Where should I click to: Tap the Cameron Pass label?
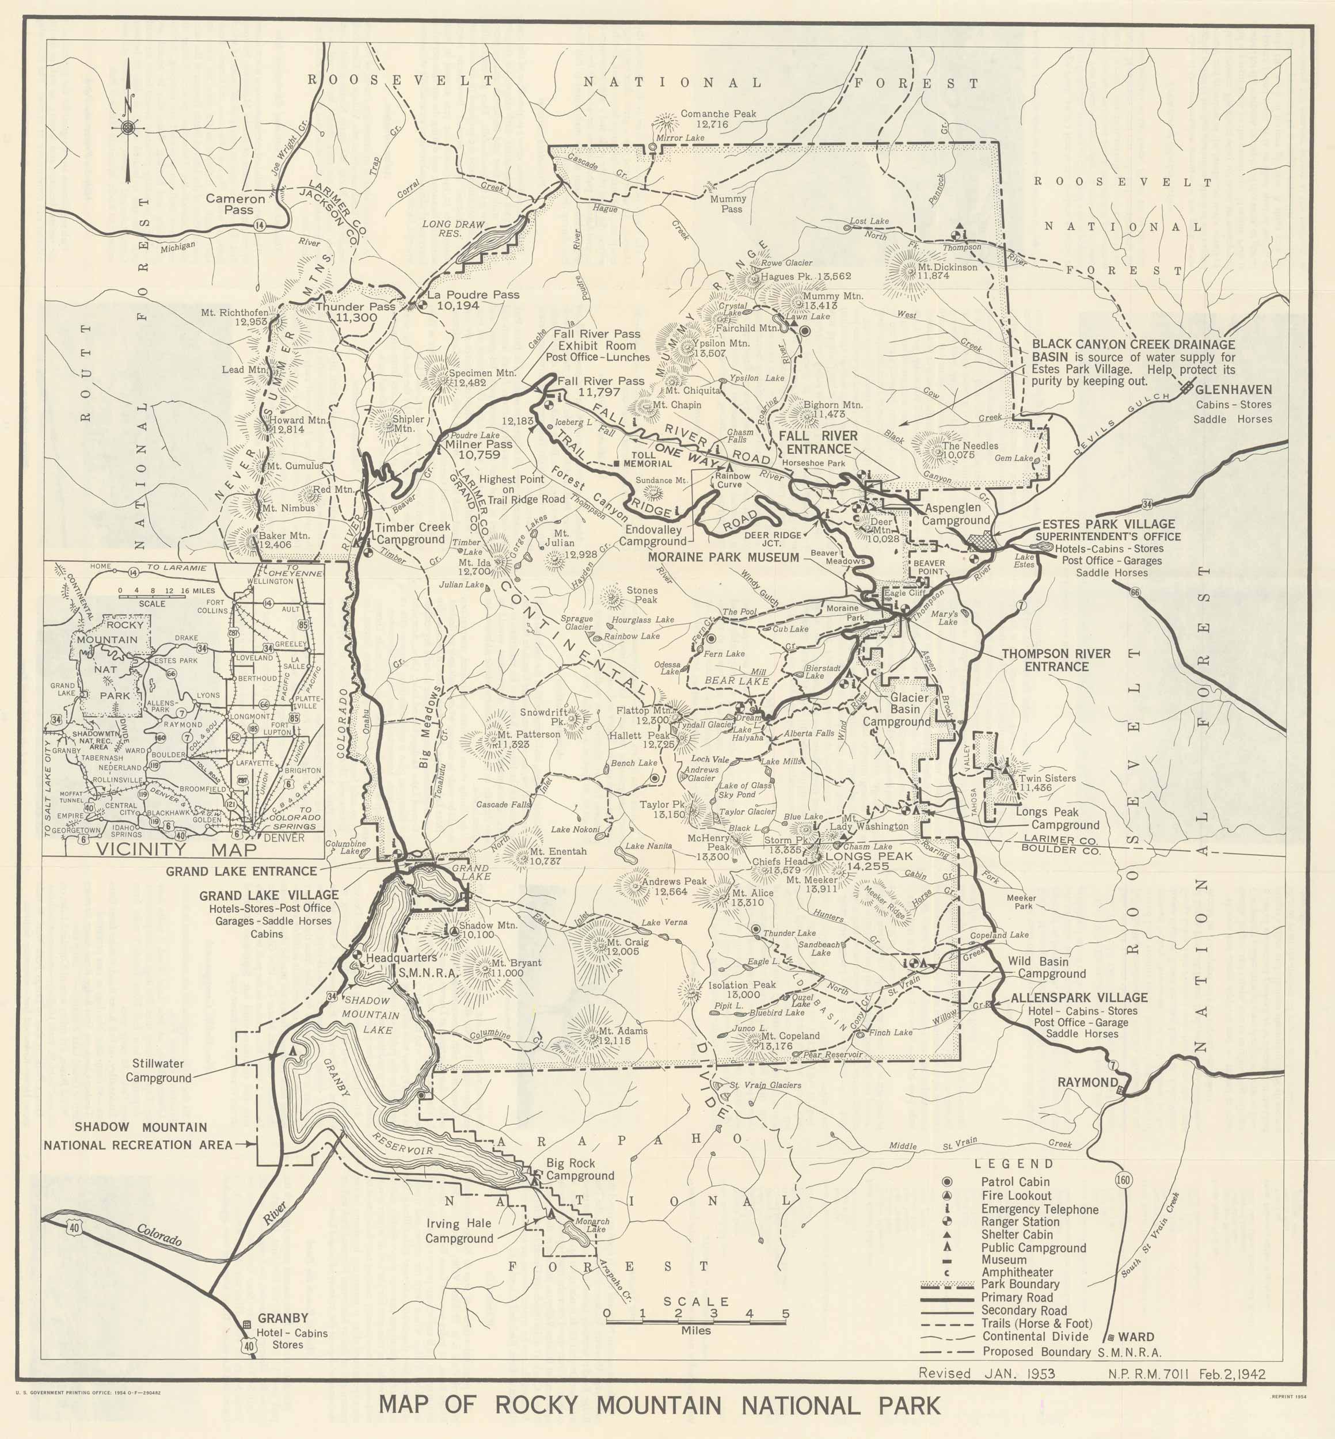point(235,204)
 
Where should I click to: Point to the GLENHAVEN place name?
point(1233,390)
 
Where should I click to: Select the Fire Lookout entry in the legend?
point(1015,1196)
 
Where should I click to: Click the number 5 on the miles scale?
point(785,1314)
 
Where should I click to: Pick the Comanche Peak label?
point(708,119)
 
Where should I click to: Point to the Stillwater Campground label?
point(158,1071)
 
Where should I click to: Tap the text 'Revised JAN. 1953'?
point(987,1373)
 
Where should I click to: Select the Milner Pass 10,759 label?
point(478,450)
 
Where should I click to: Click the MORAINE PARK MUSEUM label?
point(723,558)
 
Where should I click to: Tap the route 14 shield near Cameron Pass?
point(259,226)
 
